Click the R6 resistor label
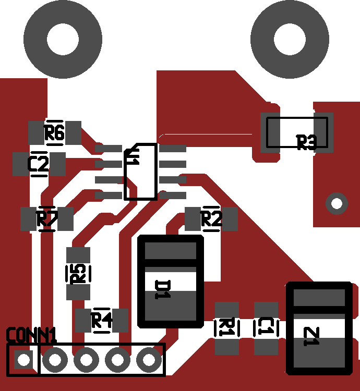tap(54, 133)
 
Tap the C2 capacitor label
tap(39, 164)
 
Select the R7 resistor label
tap(46, 219)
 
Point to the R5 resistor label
tap(78, 273)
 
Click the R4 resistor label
tap(102, 320)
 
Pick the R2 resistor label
tap(211, 219)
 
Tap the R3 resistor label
tap(307, 142)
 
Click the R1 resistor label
tap(226, 328)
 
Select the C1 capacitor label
tap(266, 328)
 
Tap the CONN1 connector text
tap(31, 335)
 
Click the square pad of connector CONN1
tap(23, 359)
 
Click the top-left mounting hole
tap(63, 39)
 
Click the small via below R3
tap(337, 203)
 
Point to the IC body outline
tap(140, 172)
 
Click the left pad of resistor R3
tap(271, 132)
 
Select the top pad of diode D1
tap(170, 251)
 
